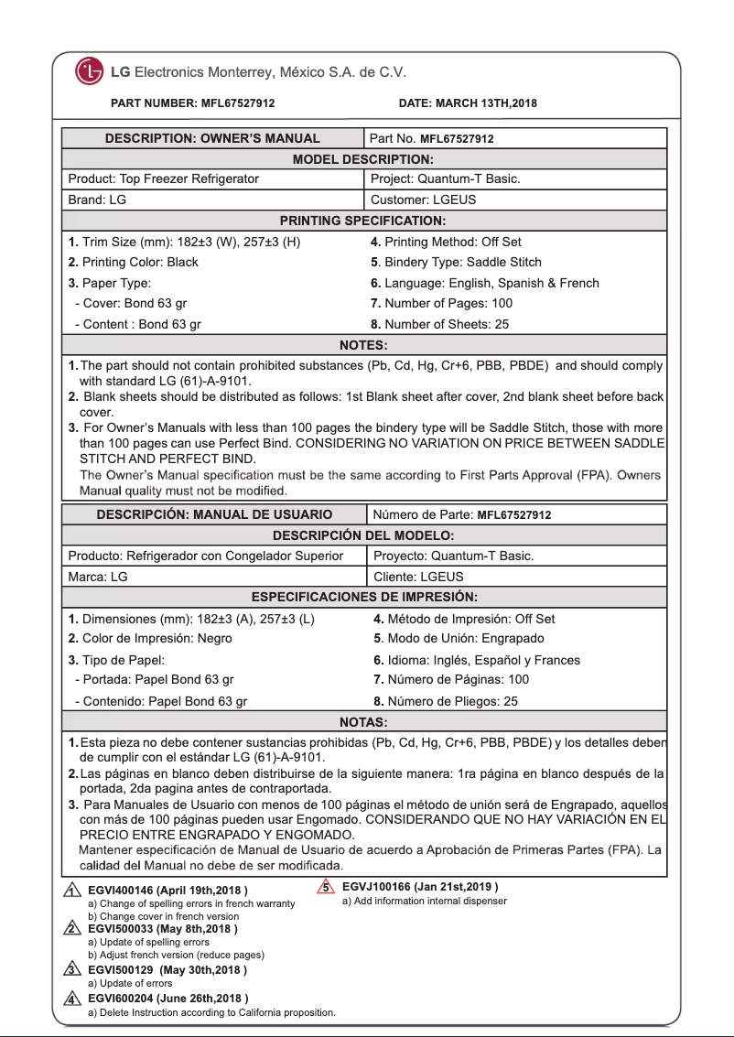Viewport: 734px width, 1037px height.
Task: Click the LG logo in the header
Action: pyautogui.click(x=90, y=71)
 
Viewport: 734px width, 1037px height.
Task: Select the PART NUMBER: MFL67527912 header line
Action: pyautogui.click(x=192, y=103)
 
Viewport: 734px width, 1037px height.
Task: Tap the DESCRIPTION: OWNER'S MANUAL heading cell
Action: pyautogui.click(x=212, y=139)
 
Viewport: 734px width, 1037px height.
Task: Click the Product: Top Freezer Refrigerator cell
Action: pyautogui.click(x=164, y=179)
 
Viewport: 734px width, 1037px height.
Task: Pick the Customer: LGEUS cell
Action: pyautogui.click(x=423, y=200)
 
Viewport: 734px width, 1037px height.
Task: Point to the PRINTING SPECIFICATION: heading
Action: pyautogui.click(x=362, y=221)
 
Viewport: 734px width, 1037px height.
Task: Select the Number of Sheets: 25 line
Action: pyautogui.click(x=439, y=324)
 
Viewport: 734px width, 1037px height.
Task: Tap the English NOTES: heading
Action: pyautogui.click(x=363, y=345)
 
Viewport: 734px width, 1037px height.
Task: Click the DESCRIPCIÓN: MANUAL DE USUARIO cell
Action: pyautogui.click(x=214, y=514)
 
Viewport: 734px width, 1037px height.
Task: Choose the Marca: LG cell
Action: pyautogui.click(x=98, y=577)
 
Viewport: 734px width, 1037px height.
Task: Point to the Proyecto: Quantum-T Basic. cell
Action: pyautogui.click(x=454, y=556)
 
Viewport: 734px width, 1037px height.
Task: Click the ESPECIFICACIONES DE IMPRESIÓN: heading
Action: pyautogui.click(x=364, y=598)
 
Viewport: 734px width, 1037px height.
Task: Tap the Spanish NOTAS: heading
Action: pyautogui.click(x=363, y=722)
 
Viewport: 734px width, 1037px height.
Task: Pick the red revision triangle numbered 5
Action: pyautogui.click(x=325, y=887)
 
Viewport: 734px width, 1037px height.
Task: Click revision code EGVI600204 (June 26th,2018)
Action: pyautogui.click(x=167, y=998)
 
